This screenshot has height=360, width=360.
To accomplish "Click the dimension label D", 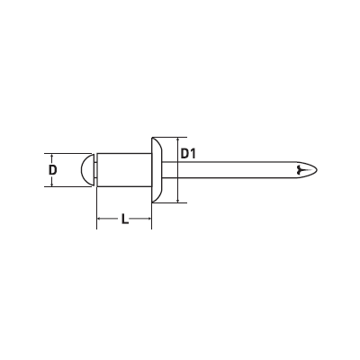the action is point(52,170).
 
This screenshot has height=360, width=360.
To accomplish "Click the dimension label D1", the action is point(188,154).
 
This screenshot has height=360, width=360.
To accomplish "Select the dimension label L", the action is point(125,219).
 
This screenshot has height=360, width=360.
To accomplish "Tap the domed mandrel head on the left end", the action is point(87,170).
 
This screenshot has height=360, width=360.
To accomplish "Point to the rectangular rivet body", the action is point(124,170).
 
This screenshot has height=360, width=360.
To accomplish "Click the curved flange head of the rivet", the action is point(157,170).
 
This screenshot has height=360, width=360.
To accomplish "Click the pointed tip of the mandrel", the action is point(317,170).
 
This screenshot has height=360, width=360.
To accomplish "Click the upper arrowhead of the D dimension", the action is point(52,156).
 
